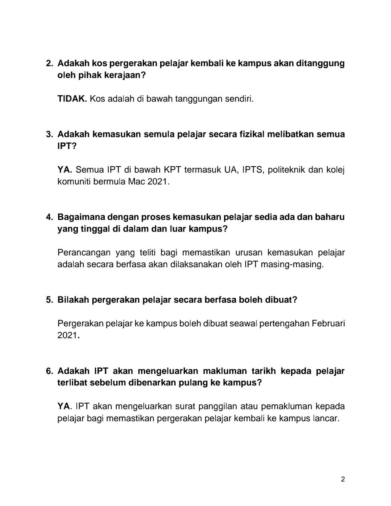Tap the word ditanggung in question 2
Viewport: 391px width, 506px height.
coord(320,65)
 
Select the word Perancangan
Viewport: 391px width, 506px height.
coord(82,252)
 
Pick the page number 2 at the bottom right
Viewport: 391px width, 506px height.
coord(343,479)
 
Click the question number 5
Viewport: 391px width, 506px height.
coord(48,300)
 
